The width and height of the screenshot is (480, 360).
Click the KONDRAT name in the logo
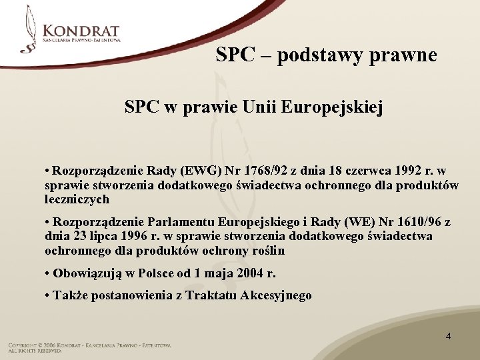click(81, 31)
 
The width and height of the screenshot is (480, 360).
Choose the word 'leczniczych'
click(77, 199)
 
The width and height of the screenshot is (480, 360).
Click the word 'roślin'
click(267, 251)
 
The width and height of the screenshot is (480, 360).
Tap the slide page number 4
click(448, 336)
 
